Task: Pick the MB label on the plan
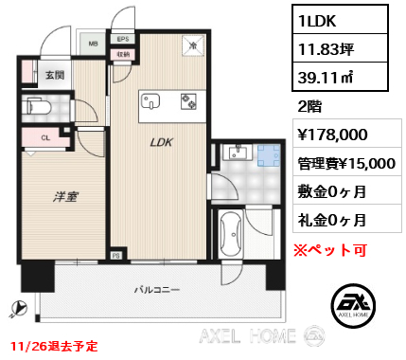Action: (94, 43)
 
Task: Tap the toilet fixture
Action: (36, 104)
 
